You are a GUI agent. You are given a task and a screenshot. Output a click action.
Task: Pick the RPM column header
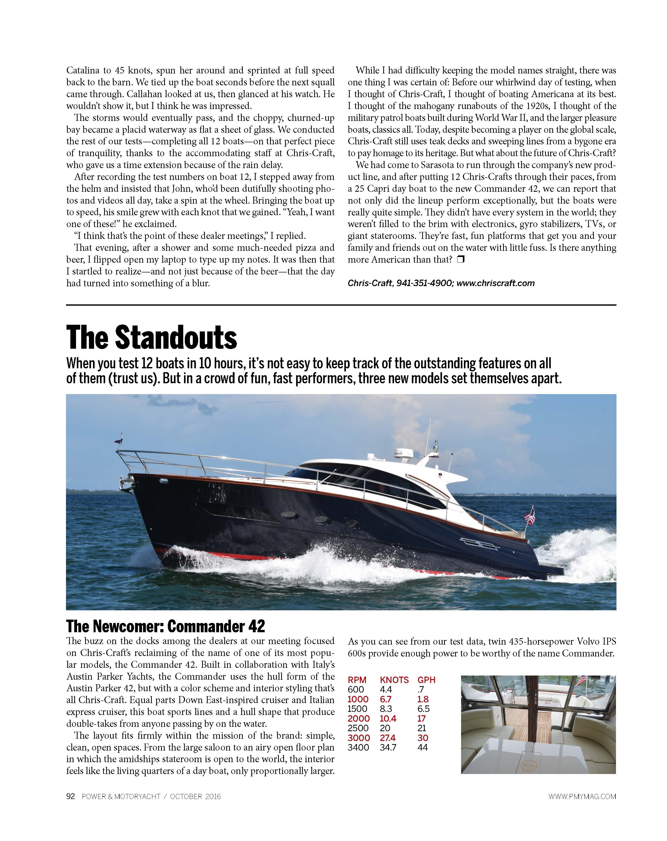coord(357,680)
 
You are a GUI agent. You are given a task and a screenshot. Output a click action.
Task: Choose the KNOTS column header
coord(394,680)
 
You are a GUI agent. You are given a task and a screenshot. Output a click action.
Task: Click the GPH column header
coord(426,680)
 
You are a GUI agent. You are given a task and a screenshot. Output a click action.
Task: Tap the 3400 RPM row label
coord(358,747)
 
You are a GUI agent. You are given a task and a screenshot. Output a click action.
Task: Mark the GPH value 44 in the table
coord(422,747)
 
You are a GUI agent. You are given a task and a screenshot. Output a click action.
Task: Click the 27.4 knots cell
coord(388,738)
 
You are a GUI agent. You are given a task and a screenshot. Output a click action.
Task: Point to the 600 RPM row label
coord(356,690)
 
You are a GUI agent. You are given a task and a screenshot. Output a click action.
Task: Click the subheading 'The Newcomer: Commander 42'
coord(165,626)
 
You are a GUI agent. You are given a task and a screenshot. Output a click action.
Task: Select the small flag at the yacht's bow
coord(118,440)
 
